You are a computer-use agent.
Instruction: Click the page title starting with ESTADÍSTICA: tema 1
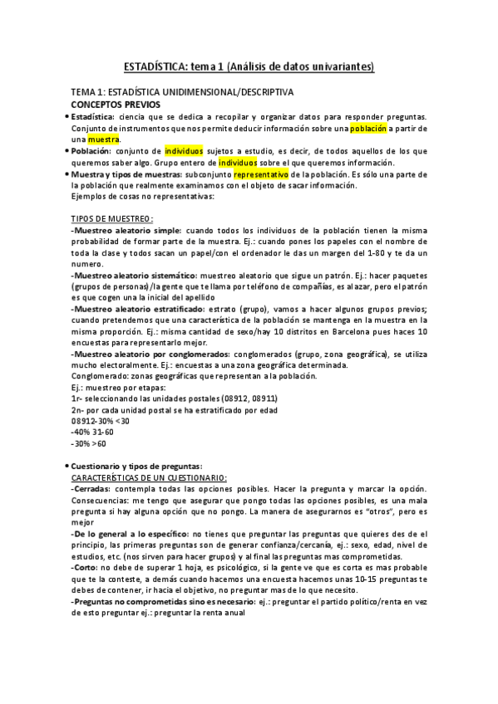[249, 66]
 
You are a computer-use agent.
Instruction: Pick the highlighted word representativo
[261, 175]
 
